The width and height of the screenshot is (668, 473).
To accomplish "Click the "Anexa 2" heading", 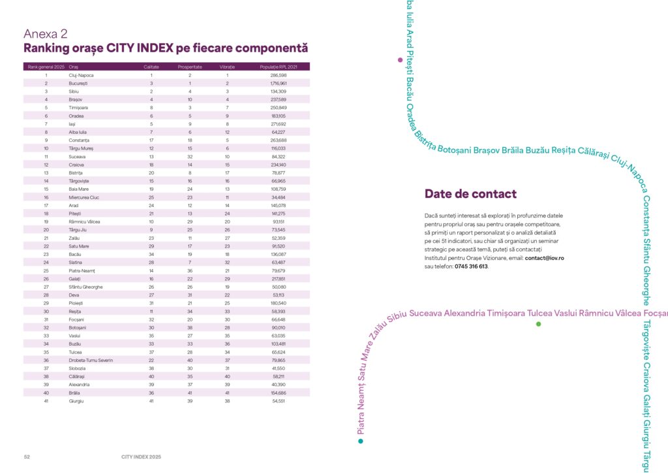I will point(46,34).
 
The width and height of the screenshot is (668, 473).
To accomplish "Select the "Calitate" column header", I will point(151,67).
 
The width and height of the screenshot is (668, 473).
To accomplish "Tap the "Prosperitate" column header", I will point(190,67).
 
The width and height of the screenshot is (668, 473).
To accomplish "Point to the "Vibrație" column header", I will point(228,67).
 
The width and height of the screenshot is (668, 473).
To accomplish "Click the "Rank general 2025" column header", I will point(46,67).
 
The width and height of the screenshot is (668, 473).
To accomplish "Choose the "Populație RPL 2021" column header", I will point(279,67).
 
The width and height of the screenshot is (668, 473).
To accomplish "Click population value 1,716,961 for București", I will point(279,84).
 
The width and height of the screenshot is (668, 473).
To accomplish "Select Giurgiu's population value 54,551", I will point(279,400).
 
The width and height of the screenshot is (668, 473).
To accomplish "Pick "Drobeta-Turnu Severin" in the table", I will point(91,361).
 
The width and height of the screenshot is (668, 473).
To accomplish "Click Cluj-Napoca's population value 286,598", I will point(279,76).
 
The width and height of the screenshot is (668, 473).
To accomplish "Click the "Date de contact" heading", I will point(470,194).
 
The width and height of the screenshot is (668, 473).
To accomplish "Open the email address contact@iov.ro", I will point(544,258).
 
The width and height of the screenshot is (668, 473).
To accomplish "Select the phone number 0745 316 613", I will point(470,267).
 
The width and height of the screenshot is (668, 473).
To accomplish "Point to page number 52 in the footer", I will point(27,457).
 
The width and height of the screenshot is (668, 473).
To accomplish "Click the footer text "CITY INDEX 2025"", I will point(141,457).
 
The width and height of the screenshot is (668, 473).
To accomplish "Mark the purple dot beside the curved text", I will point(400,60).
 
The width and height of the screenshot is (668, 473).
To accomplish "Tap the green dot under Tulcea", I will point(538,324).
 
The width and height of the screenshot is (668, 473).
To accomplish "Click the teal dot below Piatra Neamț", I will point(360,441).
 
